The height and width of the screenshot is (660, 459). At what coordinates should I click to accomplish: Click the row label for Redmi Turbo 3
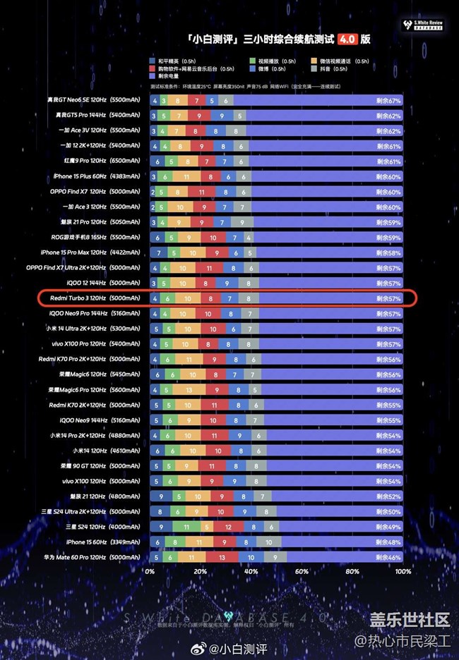click(x=95, y=298)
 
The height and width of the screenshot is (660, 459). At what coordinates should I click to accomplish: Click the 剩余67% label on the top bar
click(x=388, y=100)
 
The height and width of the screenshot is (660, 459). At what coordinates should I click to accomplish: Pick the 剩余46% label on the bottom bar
click(x=388, y=557)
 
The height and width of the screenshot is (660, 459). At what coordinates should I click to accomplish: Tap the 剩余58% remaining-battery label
click(x=388, y=252)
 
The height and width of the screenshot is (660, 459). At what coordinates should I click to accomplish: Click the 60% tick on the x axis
click(x=302, y=572)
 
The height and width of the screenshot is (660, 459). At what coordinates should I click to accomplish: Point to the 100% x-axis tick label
click(x=403, y=572)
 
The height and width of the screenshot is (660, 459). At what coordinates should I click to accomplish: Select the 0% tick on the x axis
click(x=150, y=572)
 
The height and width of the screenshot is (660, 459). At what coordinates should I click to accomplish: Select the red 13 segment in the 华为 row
click(x=222, y=557)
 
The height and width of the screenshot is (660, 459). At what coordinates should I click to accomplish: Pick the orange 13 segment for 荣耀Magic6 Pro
click(x=189, y=390)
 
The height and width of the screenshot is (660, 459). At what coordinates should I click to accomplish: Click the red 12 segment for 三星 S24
click(x=228, y=527)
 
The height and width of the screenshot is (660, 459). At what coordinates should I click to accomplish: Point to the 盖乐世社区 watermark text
click(x=410, y=619)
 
